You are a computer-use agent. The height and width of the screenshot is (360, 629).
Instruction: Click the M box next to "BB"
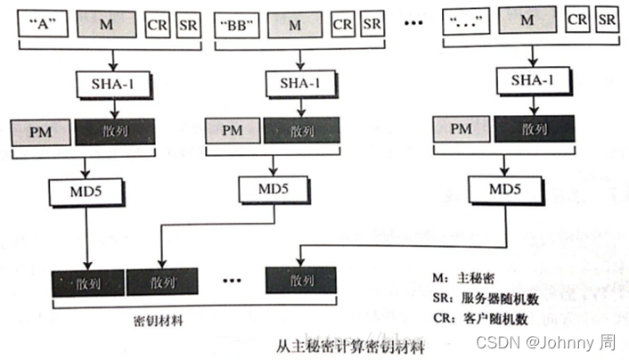coord(294,24)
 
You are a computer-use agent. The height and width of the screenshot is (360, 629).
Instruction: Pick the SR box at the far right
coord(607,20)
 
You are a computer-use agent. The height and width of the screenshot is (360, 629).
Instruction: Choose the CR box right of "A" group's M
coord(159,24)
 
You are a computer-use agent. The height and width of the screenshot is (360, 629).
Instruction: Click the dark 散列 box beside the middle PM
coord(294,132)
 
